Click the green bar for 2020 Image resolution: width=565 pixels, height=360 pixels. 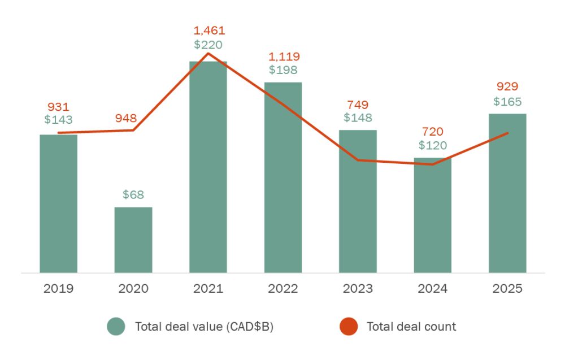(x=133, y=240)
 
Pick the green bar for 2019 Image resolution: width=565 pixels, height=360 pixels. (x=58, y=203)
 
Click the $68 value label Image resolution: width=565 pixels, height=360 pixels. (x=133, y=195)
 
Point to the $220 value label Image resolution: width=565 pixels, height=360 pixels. (x=208, y=45)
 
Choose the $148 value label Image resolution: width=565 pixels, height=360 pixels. (x=358, y=118)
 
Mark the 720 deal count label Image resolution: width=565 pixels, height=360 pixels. (x=433, y=132)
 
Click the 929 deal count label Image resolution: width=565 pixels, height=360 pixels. (x=507, y=86)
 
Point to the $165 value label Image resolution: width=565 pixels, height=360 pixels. (x=507, y=102)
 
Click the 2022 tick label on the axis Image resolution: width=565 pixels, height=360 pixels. (x=283, y=289)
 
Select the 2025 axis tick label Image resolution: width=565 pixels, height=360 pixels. (x=507, y=289)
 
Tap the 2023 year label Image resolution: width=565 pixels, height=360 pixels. (x=358, y=289)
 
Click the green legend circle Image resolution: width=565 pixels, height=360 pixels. (x=116, y=327)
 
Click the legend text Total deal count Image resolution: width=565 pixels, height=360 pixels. (x=411, y=327)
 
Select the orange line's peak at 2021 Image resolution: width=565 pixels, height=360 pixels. (x=208, y=53)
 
